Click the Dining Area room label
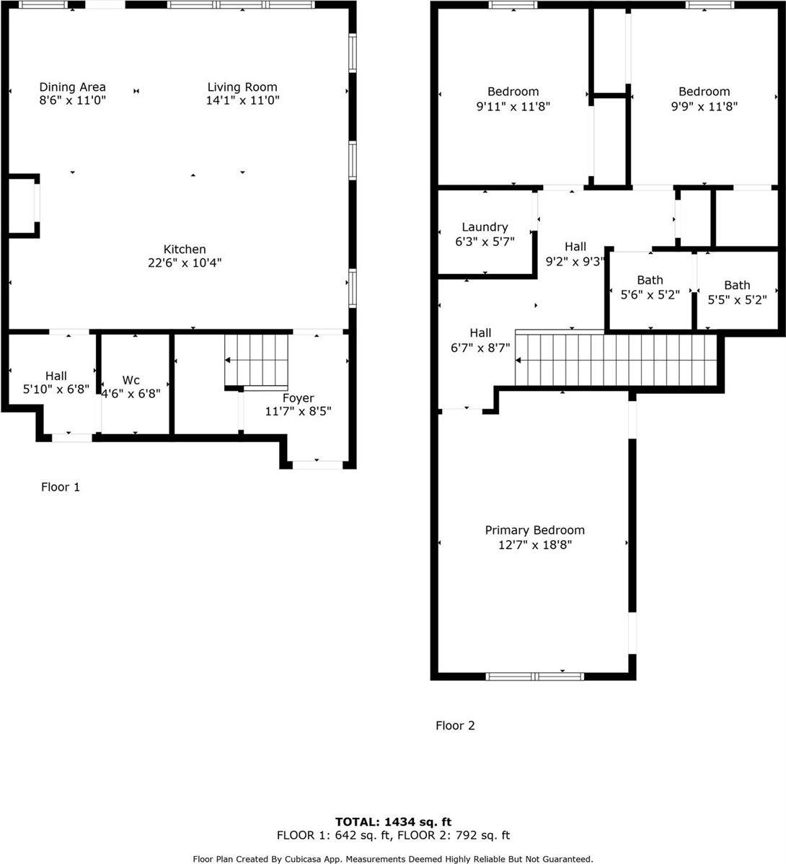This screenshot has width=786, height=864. coord(72,87)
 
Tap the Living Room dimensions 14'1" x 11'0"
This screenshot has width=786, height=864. coord(242,101)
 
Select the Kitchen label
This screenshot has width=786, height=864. coord(185,250)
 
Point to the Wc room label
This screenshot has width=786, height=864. coord(131,380)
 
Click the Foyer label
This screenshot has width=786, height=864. coord(298,398)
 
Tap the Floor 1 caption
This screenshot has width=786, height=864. coord(60,488)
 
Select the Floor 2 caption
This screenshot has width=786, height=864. coord(455,726)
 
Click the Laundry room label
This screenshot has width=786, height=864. coord(485,227)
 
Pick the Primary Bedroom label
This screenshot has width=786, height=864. coord(534,530)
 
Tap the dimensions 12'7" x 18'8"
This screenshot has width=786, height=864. coord(534,545)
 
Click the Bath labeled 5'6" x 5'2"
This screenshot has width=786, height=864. coord(650,280)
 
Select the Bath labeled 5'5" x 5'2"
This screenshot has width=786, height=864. coord(737,285)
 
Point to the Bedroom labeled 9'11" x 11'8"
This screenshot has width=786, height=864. coord(513,92)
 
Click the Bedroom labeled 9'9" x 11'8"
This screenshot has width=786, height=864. coord(704,92)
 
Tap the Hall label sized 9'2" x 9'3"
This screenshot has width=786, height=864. coord(575,247)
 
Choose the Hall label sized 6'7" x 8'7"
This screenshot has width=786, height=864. coord(480,332)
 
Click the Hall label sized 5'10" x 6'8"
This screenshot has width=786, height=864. coord(56,376)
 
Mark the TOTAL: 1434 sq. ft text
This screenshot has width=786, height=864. coord(393,821)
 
